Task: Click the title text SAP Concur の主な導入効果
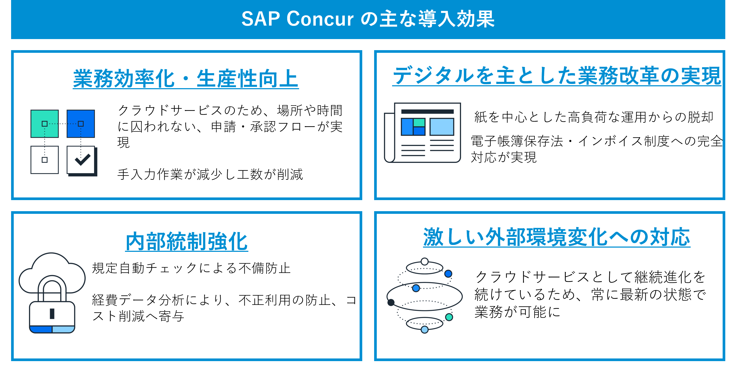tap(368, 19)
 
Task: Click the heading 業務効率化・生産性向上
tap(186, 78)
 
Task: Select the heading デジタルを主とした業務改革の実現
tap(556, 76)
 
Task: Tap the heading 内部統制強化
tap(187, 241)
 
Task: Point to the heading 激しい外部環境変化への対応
tap(556, 237)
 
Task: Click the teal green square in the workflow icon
tap(44, 124)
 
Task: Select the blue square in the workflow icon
tap(81, 124)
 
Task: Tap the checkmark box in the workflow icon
tap(81, 160)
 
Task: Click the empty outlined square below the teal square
tap(44, 160)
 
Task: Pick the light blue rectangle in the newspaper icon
tap(442, 127)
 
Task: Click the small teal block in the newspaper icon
tap(419, 122)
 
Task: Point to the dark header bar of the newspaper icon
tap(427, 112)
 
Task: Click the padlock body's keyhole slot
tap(52, 313)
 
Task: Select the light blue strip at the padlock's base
tap(63, 329)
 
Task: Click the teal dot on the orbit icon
tap(449, 317)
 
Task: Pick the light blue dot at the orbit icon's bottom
tap(425, 330)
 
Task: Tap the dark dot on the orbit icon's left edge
tap(391, 302)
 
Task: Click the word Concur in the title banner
tap(320, 19)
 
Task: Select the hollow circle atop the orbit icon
tap(425, 261)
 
